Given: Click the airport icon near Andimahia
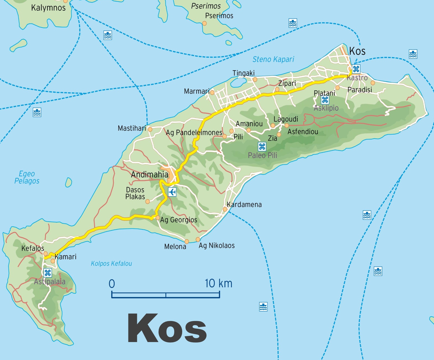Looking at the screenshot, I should (x=172, y=192).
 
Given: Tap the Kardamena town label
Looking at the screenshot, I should (x=244, y=205).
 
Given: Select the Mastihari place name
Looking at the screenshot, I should (x=132, y=128).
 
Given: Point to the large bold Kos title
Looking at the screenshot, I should (x=167, y=329).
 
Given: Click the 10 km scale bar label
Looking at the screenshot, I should (x=218, y=283).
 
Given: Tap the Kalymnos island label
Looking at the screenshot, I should (x=48, y=8).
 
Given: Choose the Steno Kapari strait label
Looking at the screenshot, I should (x=273, y=59).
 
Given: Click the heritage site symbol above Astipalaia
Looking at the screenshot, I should (x=48, y=273).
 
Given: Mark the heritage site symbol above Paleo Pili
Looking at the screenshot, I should (x=262, y=146).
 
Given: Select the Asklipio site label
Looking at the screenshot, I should (x=326, y=108).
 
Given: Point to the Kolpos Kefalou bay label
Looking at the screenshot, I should (x=111, y=264).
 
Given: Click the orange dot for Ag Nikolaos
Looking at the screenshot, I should (x=198, y=239).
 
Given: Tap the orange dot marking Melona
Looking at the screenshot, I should (x=187, y=241).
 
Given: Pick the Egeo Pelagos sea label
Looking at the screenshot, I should (x=27, y=177).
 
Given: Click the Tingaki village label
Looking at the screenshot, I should (x=244, y=73).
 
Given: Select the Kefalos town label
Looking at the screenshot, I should (x=33, y=248).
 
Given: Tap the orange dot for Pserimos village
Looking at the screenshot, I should (x=205, y=23).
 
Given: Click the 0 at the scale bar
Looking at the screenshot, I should (x=112, y=284).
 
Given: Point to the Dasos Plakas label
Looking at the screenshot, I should (x=135, y=193).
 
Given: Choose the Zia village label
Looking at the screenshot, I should (x=272, y=138).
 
